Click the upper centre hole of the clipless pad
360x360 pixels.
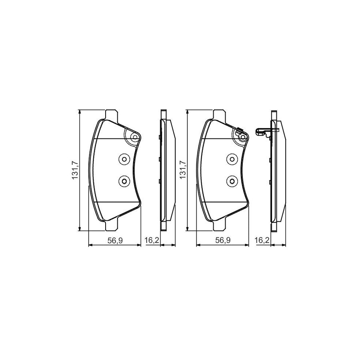coord(124,159)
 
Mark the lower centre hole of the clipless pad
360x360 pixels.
coord(124,181)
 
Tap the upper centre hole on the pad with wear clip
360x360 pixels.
coord(231,159)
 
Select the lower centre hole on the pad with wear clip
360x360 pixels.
coord(231,181)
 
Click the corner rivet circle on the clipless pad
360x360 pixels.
coord(135,138)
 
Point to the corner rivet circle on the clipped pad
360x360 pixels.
coord(242,138)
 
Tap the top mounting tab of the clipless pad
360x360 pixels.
coord(111,114)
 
